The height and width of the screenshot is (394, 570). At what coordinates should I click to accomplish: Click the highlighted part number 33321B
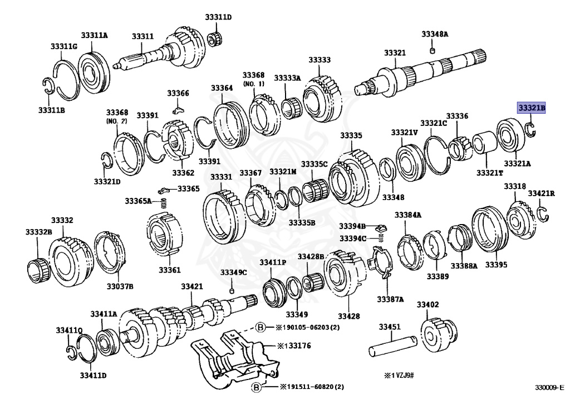(531, 108)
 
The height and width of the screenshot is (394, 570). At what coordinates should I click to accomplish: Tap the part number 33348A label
(435, 35)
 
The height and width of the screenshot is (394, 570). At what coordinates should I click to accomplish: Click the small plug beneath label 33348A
(433, 52)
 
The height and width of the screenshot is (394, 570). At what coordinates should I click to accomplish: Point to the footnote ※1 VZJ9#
(403, 376)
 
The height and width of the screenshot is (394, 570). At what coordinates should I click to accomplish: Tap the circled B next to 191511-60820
(257, 386)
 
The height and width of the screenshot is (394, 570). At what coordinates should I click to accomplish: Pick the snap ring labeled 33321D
(108, 160)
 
